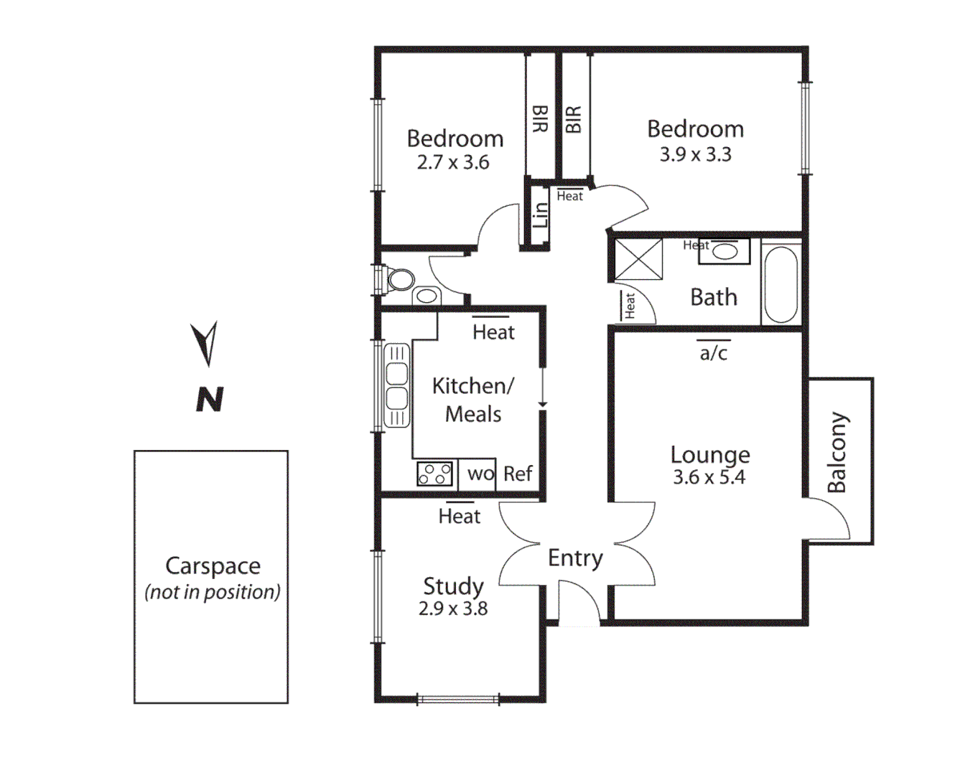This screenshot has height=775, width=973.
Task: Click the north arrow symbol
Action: click(x=205, y=344)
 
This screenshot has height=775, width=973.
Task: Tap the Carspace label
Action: click(x=213, y=565)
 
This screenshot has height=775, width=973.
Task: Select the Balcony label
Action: click(x=837, y=453)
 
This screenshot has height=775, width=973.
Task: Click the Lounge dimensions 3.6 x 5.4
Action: click(x=709, y=477)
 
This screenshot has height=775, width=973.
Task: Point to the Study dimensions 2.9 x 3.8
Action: click(x=453, y=609)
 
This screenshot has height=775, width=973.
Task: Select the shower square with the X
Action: click(x=638, y=259)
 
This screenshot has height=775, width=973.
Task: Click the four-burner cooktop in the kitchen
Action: click(x=435, y=474)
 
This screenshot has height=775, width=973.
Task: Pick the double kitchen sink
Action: click(x=396, y=385)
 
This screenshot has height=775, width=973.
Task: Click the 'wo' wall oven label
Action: click(x=480, y=474)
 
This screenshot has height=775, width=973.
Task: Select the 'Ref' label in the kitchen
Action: click(x=518, y=474)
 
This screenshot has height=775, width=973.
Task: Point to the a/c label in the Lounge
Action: click(x=714, y=353)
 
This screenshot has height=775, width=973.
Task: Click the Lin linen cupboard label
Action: click(x=540, y=215)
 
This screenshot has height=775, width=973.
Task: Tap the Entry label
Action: click(x=575, y=558)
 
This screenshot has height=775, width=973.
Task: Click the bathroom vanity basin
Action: click(x=725, y=251)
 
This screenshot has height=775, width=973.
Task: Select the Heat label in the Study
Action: click(x=459, y=516)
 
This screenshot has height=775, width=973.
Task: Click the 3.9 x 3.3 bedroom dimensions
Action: click(x=695, y=154)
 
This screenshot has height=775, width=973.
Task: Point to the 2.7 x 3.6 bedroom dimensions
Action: click(x=453, y=163)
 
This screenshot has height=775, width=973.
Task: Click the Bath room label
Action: click(x=713, y=297)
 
